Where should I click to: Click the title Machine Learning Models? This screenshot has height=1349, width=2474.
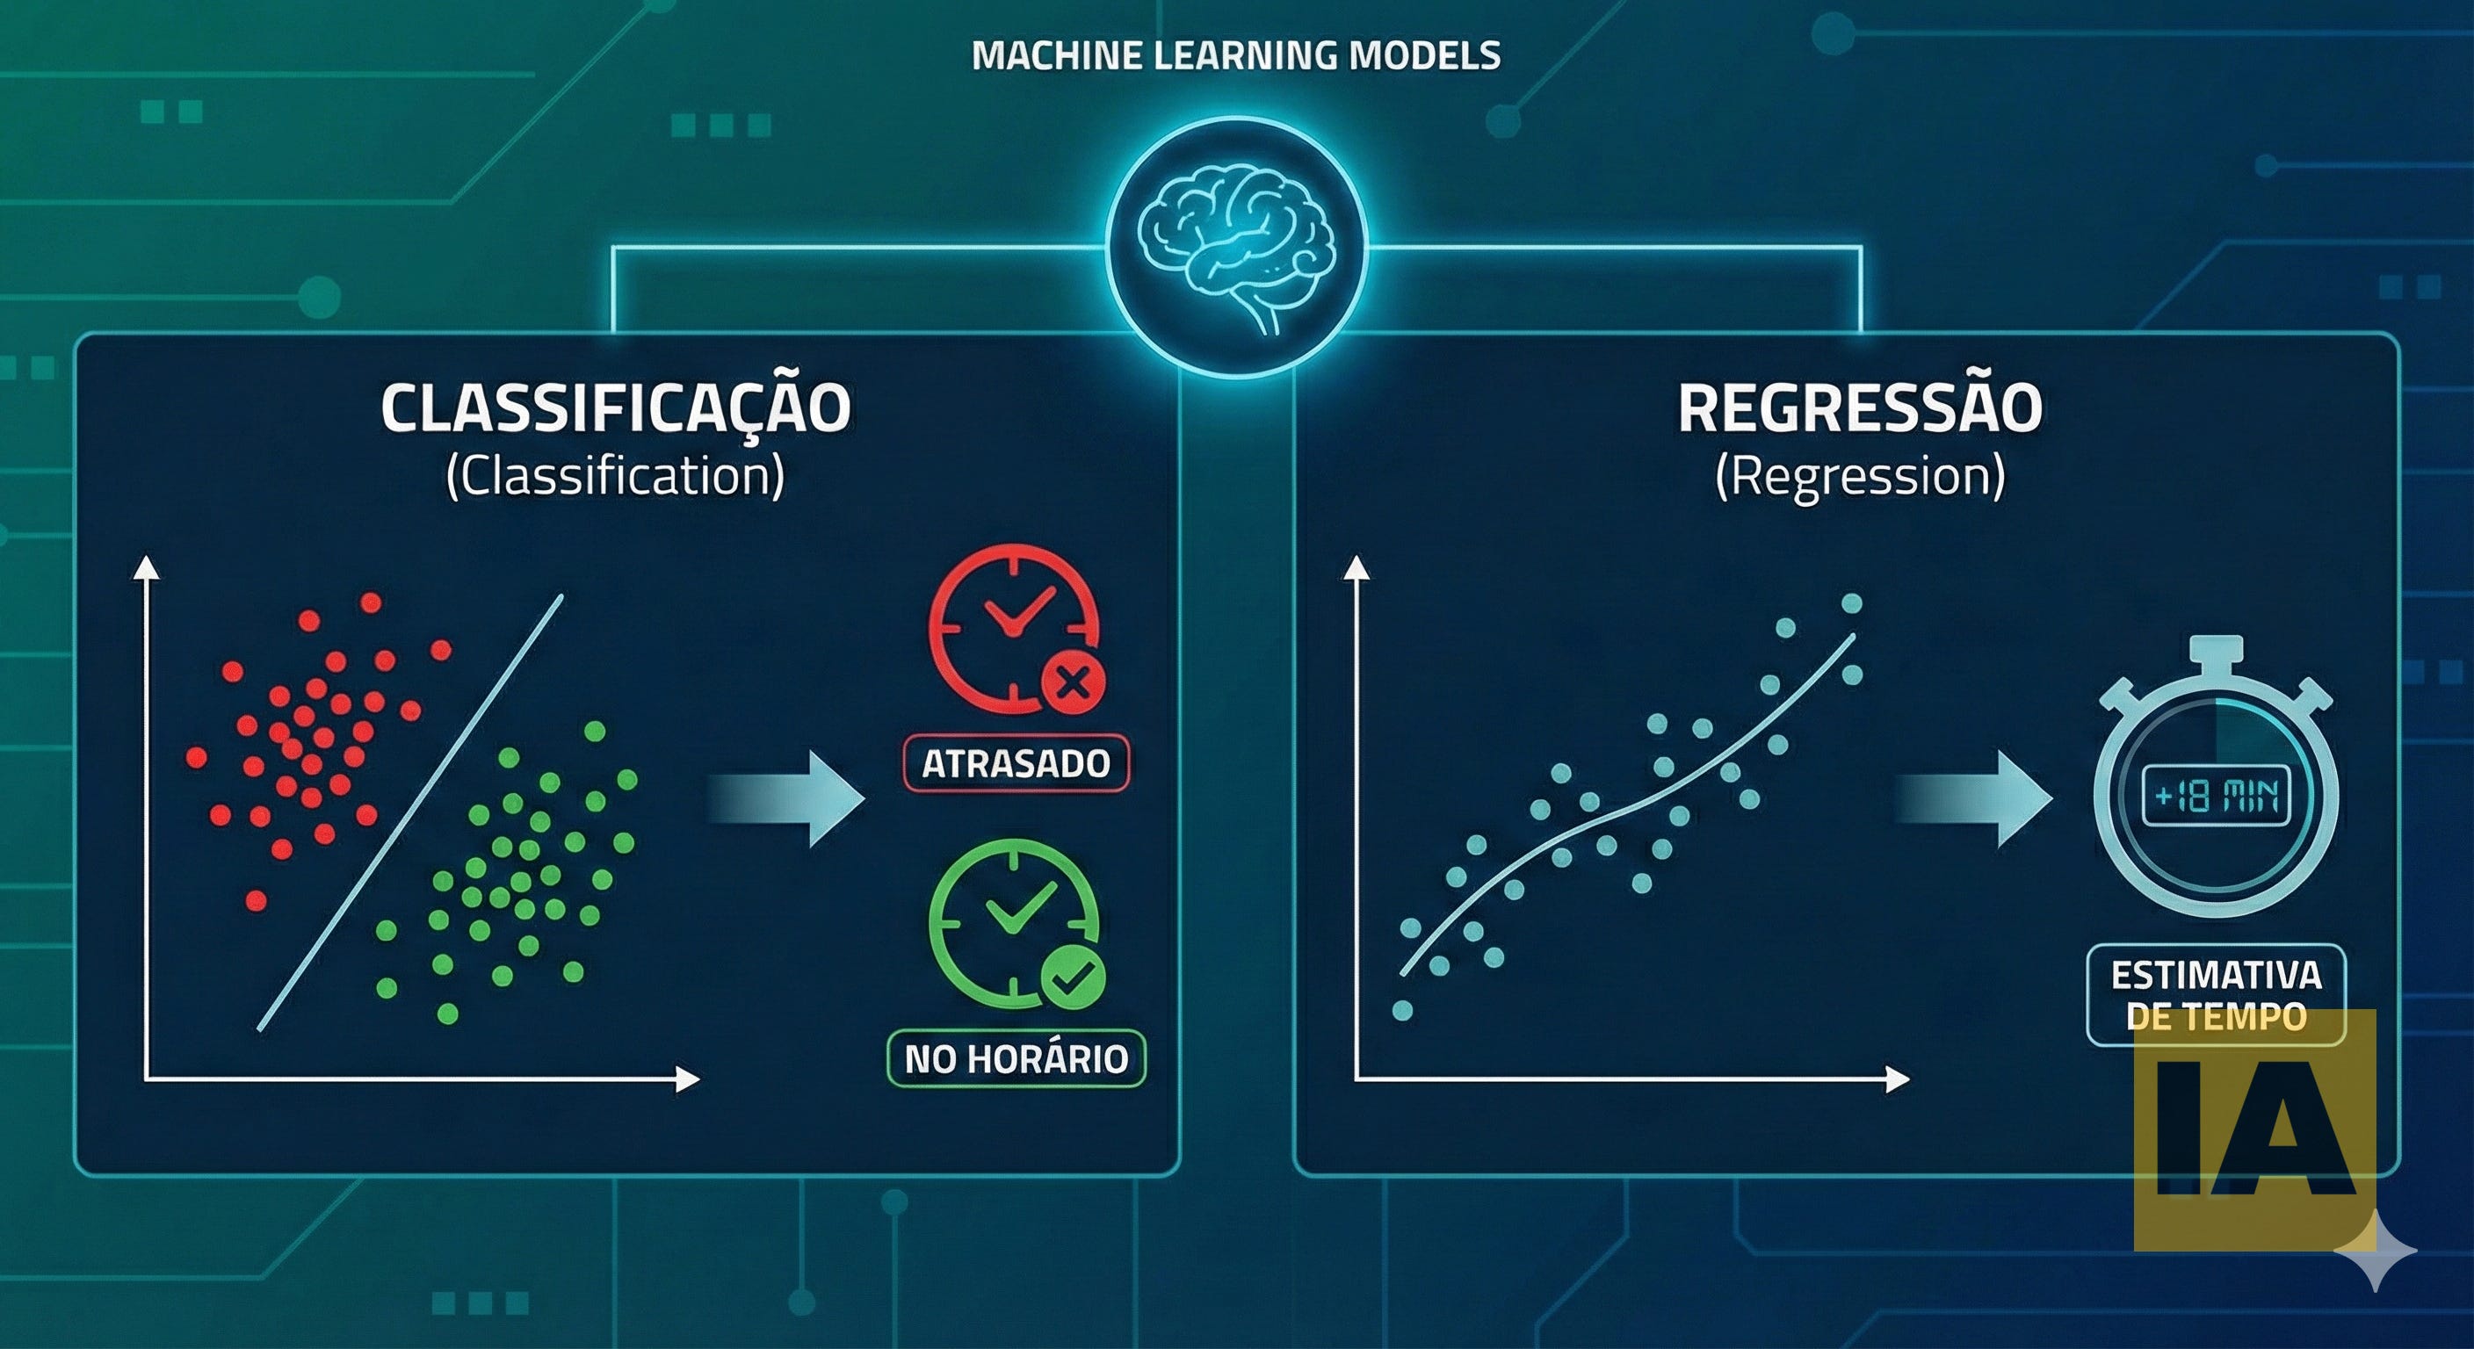[1236, 55]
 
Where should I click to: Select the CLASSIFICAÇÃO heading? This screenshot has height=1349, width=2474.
[616, 409]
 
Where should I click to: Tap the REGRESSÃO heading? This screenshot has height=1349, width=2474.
[1859, 409]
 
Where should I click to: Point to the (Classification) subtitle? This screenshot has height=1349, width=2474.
[616, 476]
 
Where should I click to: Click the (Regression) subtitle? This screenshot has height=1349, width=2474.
[1859, 476]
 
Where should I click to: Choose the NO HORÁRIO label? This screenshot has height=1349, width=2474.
[1016, 1059]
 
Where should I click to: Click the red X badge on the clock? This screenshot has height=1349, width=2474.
[1074, 684]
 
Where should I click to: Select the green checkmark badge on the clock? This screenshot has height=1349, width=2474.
[1074, 978]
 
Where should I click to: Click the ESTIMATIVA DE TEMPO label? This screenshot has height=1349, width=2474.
[2217, 995]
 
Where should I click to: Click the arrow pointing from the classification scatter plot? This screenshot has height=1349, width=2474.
[787, 799]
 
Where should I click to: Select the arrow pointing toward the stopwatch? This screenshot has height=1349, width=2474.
[1976, 799]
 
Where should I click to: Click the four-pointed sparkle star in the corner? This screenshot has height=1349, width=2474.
[2375, 1250]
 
